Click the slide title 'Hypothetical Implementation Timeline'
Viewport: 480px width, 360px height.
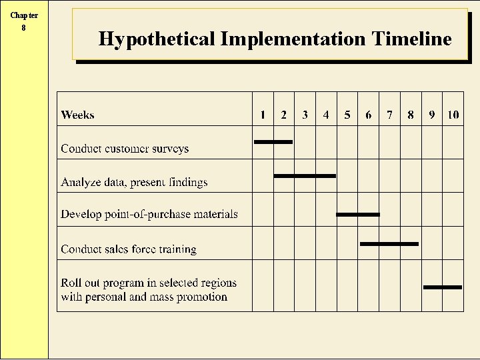pos(275,39)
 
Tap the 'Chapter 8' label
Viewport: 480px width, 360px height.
pos(24,21)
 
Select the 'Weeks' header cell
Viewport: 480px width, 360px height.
pos(77,115)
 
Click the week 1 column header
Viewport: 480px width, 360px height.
pos(263,115)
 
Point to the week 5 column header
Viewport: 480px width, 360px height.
pos(347,115)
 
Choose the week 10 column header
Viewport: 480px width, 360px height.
pos(453,115)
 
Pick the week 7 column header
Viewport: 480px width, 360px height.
pos(389,115)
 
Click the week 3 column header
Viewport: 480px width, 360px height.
pos(305,115)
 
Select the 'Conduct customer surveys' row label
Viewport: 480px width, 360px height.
pos(125,149)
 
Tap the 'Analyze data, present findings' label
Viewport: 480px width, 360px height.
pos(134,182)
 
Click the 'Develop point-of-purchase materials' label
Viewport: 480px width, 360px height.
pos(149,214)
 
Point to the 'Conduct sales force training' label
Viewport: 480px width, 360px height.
pos(129,249)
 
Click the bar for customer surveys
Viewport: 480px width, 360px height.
pos(273,141)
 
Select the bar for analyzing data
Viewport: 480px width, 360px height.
pos(305,176)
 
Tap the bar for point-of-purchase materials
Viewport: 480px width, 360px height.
pos(358,215)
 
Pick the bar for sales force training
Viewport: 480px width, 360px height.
pos(389,244)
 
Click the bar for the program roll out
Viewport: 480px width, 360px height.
pos(443,287)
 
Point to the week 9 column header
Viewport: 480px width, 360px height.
pos(432,115)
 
